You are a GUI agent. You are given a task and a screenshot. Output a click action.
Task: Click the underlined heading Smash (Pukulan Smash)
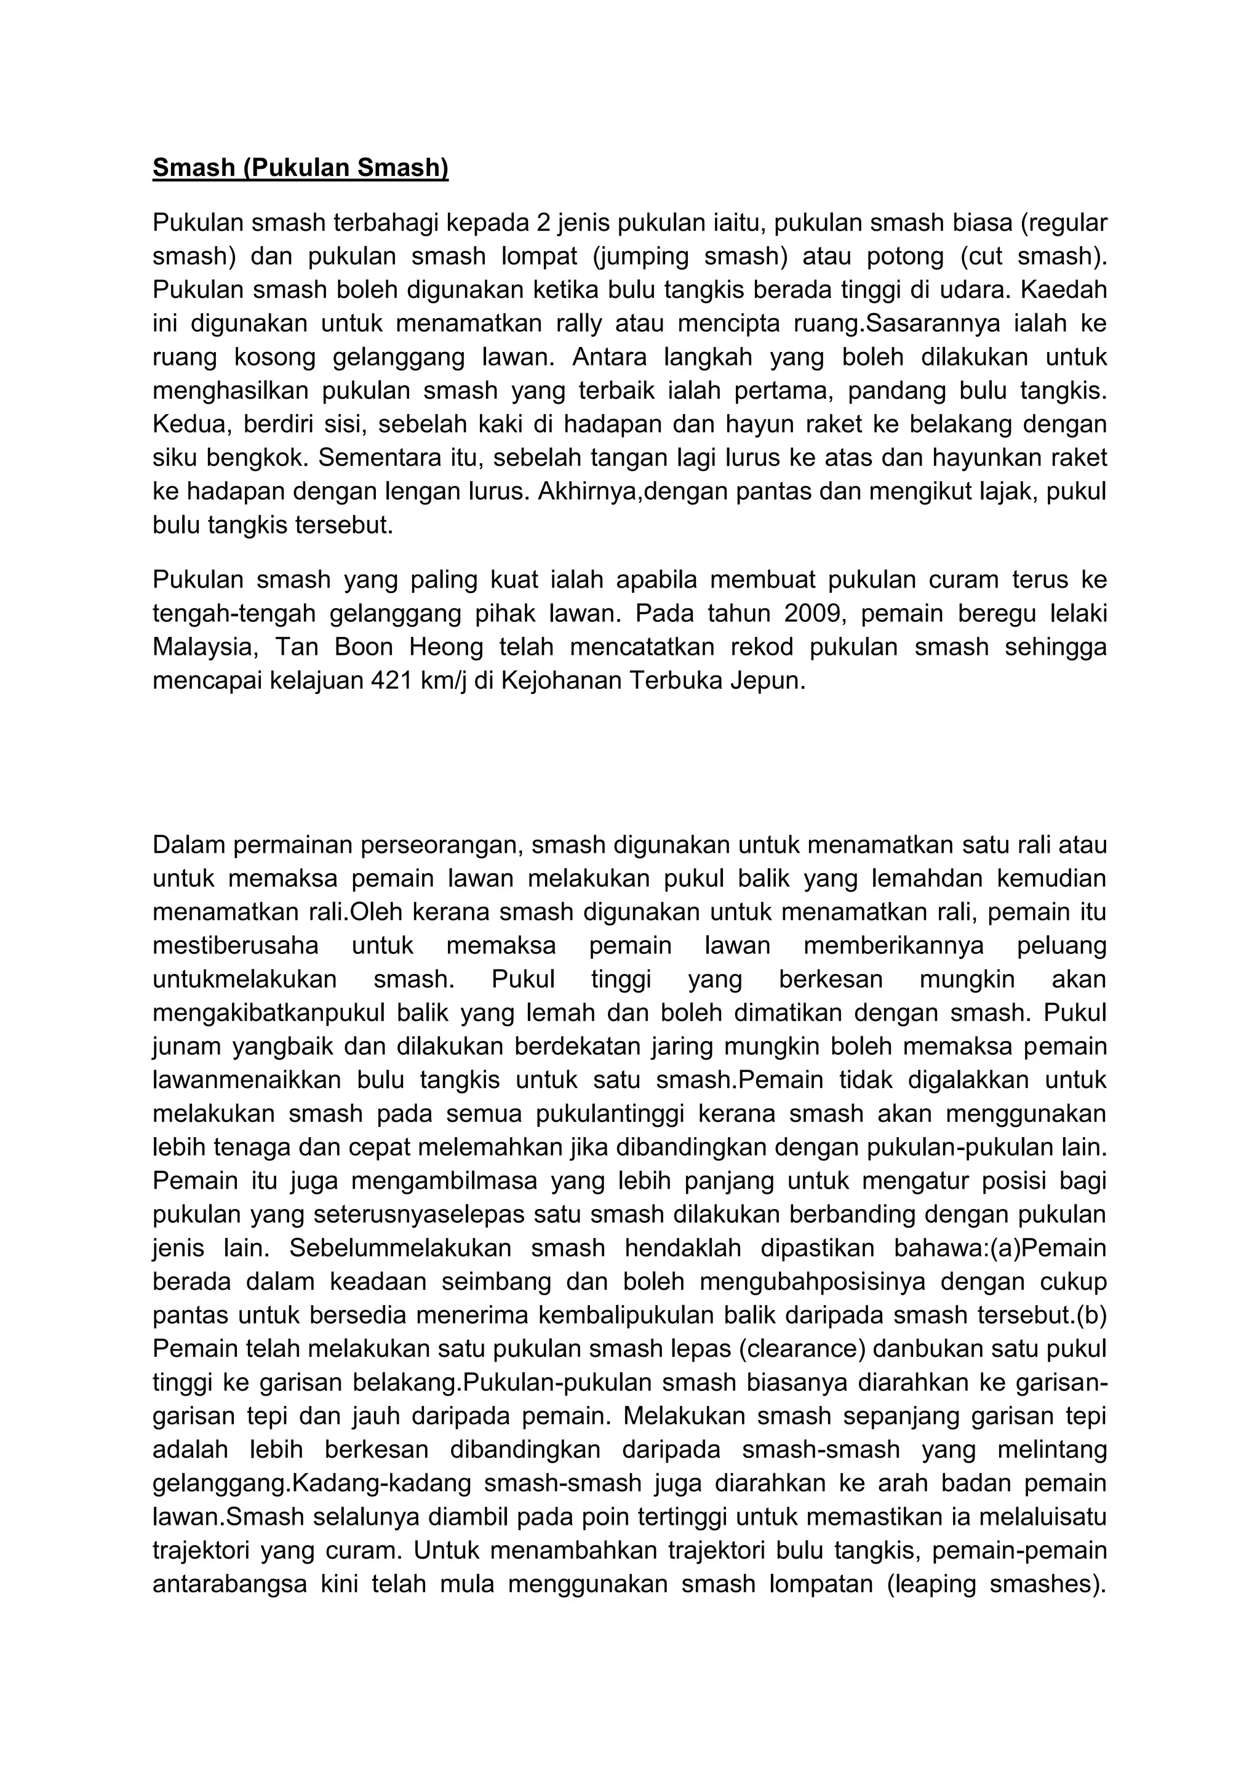[300, 167]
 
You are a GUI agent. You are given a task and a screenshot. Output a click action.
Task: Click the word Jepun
[768, 680]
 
